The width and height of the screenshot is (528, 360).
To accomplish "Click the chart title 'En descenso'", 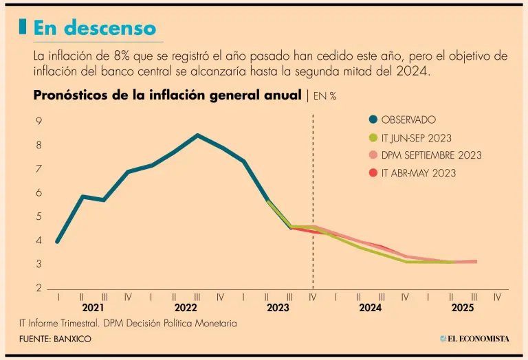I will point(95,27).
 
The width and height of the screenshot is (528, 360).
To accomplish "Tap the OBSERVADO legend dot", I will point(372,120).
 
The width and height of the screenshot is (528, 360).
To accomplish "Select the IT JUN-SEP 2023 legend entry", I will point(416,137).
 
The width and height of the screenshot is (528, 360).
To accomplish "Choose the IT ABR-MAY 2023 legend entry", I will point(417,173).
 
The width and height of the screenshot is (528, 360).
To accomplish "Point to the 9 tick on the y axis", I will point(39,122).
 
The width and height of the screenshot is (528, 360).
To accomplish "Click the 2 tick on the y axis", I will point(39,288).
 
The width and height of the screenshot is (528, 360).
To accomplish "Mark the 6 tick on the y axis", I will point(39,193).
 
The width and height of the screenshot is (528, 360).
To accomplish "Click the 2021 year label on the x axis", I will point(93,308).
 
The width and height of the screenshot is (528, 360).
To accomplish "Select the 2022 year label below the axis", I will point(186,308).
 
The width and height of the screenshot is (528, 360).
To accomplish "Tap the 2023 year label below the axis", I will point(278,308).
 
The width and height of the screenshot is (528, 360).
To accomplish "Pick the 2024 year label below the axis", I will point(370,308).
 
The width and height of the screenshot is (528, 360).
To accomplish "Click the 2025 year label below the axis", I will point(462,308).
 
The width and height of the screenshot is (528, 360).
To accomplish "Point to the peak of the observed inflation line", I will point(198,135).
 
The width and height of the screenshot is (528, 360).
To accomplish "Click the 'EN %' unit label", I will point(324,96).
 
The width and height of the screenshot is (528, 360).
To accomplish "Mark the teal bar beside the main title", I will point(23,27).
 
